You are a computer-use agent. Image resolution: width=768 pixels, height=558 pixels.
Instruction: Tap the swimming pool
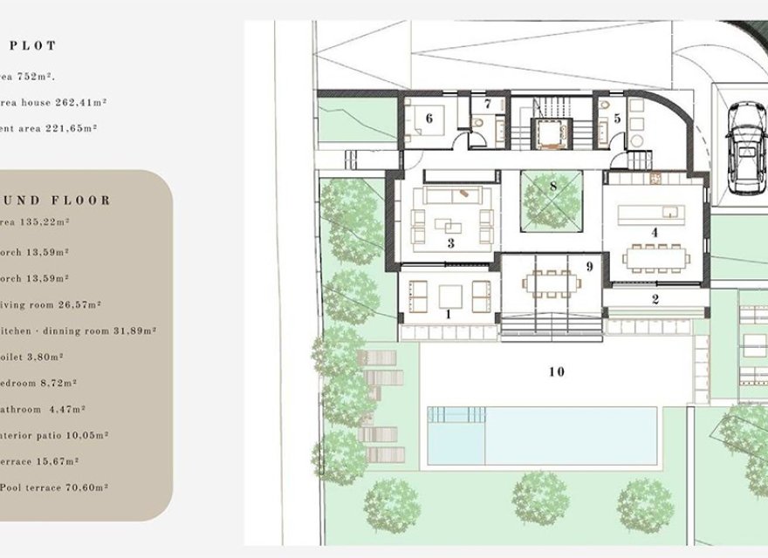[542, 435]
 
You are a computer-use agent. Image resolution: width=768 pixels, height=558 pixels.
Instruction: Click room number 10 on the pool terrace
[557, 372]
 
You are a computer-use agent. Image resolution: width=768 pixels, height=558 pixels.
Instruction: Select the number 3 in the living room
[450, 243]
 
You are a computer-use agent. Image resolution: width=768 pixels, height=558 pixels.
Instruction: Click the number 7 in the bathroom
[488, 105]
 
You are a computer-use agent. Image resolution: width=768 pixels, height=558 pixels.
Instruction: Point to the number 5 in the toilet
[617, 117]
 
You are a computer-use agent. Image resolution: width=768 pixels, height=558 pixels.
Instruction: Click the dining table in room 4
[655, 257]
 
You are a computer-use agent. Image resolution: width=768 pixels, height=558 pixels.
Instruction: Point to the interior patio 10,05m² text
[54, 435]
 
